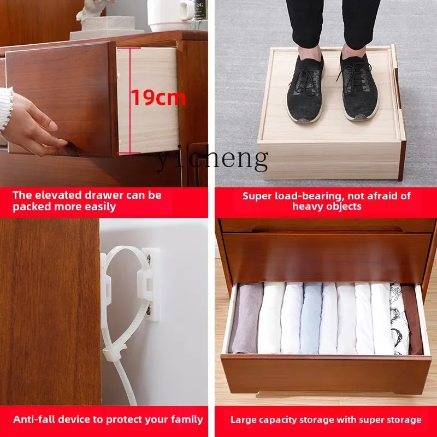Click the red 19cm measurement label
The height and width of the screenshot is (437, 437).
(x=158, y=98)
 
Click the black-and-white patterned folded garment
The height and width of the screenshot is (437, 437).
(x=399, y=320)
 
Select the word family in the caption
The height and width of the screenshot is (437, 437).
(x=187, y=420)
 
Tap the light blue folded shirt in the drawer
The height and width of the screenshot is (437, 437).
(x=310, y=318)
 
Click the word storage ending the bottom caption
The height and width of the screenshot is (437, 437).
(x=401, y=420)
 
